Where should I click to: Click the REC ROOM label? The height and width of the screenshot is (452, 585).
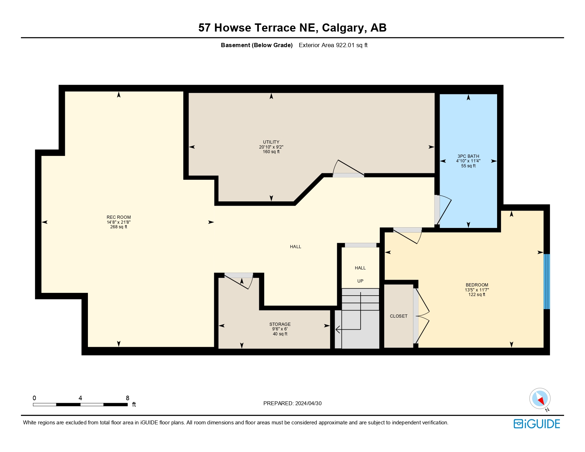118,217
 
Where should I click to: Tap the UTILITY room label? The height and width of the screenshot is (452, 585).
271,142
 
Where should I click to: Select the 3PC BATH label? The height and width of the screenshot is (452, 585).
468,156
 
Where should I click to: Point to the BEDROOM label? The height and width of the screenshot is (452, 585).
477,285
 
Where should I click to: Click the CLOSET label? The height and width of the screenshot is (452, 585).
399,316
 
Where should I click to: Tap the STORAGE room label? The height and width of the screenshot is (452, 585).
280,324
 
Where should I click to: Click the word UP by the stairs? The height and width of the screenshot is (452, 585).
360,281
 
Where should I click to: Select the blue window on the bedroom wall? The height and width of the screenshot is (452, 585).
547,281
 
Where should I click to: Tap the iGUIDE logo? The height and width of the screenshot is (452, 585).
536,424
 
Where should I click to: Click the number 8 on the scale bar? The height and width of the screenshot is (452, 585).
128,398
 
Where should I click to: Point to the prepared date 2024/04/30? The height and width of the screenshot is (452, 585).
308,403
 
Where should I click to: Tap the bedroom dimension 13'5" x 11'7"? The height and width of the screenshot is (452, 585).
477,290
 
